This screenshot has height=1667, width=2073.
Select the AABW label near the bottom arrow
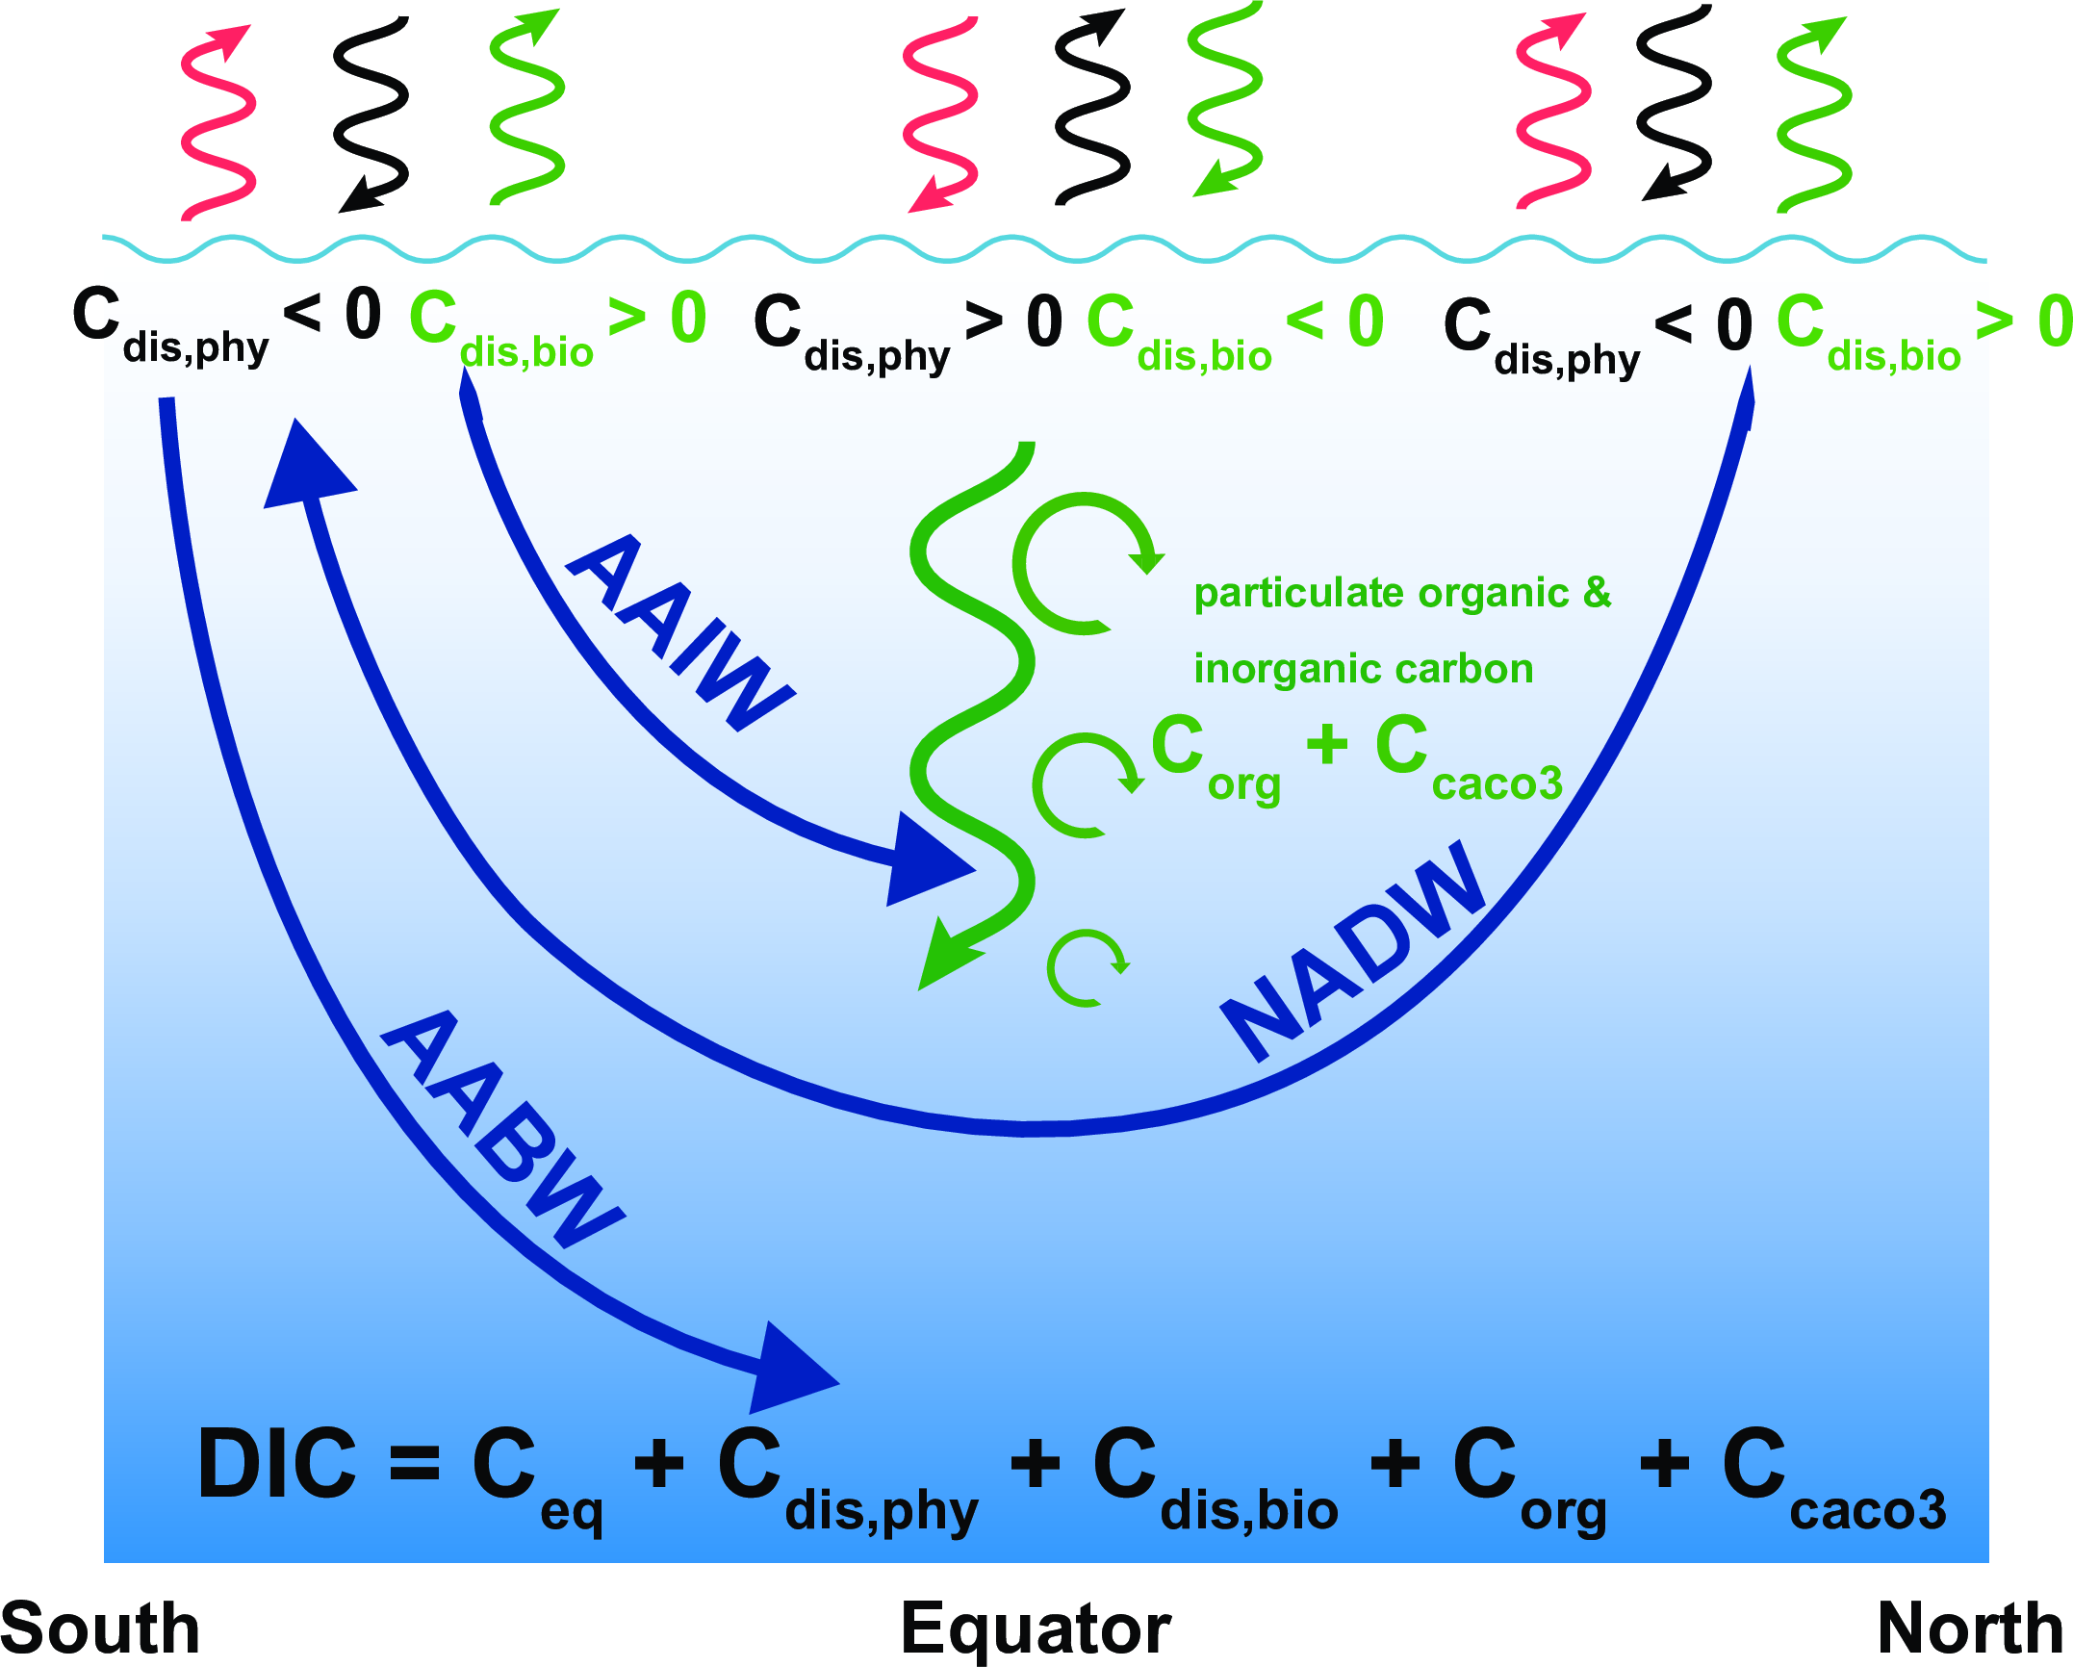tap(502, 1130)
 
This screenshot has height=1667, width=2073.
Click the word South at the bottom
tap(100, 1629)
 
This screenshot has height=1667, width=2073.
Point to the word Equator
tap(1036, 1629)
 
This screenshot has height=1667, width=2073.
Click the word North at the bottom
tap(1969, 1629)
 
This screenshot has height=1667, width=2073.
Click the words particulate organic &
tap(1401, 593)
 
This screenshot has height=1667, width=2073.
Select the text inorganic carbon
tap(1363, 669)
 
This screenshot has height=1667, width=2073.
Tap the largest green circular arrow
tap(1083, 563)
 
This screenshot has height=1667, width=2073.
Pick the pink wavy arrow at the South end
tap(218, 120)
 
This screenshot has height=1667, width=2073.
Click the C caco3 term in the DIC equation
tap(1833, 1477)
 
